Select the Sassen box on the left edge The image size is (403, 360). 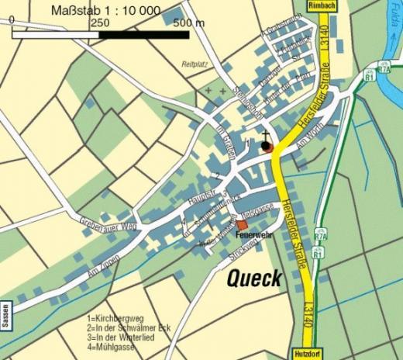click(x=5, y=317)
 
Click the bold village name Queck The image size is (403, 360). click(x=253, y=280)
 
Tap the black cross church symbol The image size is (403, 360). click(x=265, y=135)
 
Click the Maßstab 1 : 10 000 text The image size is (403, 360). click(x=105, y=10)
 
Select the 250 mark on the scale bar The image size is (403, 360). click(x=99, y=24)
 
